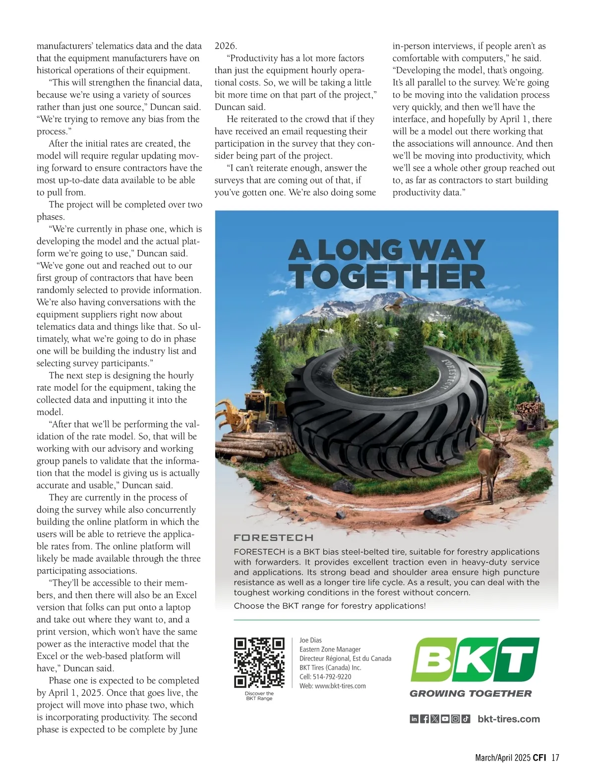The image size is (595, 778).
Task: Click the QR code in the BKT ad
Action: (259, 662)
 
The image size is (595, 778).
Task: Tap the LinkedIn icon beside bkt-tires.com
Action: (414, 719)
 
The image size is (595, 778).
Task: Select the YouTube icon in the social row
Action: (445, 719)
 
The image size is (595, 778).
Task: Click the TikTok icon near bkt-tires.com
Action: (466, 719)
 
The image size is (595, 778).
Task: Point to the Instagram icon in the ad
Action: (455, 719)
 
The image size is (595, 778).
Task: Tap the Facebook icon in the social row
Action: (424, 719)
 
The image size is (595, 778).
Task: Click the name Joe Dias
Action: (310, 640)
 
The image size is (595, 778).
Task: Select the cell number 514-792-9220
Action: (332, 677)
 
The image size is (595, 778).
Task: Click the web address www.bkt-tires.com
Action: (340, 686)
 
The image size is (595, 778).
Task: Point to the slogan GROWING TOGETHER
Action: (471, 694)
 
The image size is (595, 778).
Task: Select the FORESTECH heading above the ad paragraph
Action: (273, 538)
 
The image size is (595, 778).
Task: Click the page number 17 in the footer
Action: (555, 758)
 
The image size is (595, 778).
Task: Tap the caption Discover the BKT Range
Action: (259, 696)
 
